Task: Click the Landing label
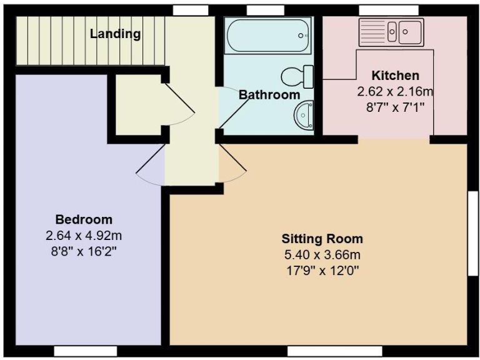tap(115, 34)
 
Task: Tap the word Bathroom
tap(269, 95)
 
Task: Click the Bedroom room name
tap(84, 219)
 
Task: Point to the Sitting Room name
tap(322, 239)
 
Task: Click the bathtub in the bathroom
tap(267, 37)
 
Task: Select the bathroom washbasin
tap(306, 116)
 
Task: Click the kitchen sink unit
tap(391, 31)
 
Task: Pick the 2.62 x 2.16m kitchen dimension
tap(396, 91)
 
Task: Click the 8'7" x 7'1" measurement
tap(396, 107)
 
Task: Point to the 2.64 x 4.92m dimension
tap(84, 236)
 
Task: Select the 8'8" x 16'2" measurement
tap(84, 252)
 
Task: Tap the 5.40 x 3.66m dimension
tap(322, 255)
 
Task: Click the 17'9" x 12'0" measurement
tap(322, 271)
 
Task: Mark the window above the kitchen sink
tap(388, 9)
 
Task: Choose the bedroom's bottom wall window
tap(85, 350)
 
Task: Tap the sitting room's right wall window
tap(473, 233)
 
